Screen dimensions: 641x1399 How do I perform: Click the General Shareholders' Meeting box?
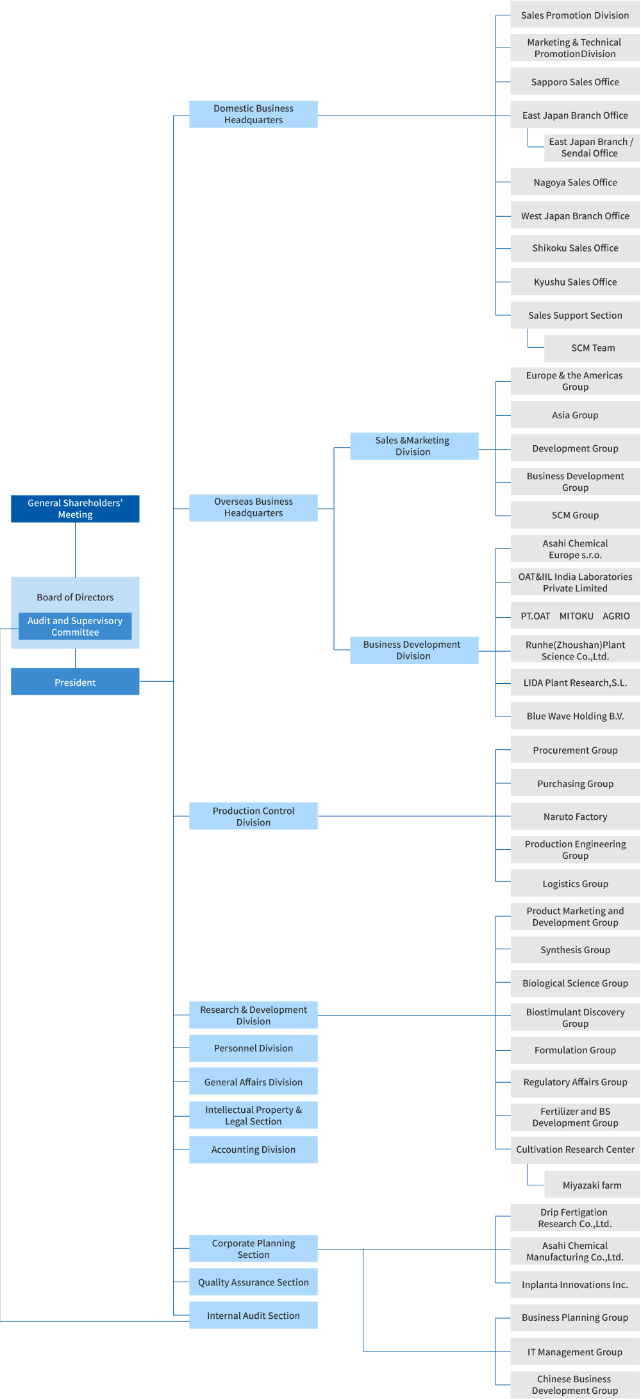tap(75, 509)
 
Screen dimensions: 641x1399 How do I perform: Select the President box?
tap(75, 682)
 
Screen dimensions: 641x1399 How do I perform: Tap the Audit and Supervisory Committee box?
tap(75, 626)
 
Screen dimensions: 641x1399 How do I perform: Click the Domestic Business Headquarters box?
tap(253, 114)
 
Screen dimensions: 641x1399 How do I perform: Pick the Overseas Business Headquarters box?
tap(253, 507)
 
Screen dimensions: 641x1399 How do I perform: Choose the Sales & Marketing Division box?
tap(414, 446)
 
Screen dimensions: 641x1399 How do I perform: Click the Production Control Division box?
tap(253, 817)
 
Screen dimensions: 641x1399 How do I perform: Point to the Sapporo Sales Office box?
tap(575, 82)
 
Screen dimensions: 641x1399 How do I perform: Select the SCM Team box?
tap(592, 348)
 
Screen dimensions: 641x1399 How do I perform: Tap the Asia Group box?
tap(575, 415)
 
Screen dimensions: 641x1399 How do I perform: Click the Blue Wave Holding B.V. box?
tap(575, 716)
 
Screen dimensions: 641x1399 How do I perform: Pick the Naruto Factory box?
tap(575, 817)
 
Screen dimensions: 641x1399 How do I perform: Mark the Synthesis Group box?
tap(575, 950)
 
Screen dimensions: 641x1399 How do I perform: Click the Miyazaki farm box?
tap(592, 1185)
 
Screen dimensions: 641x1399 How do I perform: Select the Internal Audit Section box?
tap(253, 1316)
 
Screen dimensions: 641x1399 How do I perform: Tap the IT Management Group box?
tap(575, 1352)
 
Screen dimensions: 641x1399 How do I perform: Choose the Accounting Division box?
tap(253, 1149)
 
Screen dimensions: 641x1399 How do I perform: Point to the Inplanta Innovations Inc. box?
tap(575, 1284)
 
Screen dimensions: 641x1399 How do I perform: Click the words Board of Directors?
tap(75, 597)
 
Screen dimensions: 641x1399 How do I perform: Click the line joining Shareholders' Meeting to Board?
tap(75, 550)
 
